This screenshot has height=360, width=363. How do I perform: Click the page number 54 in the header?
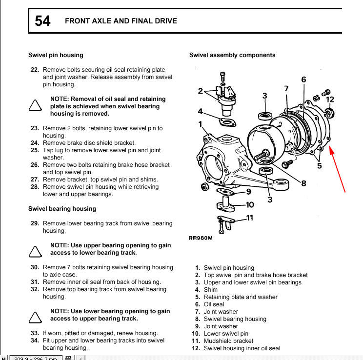coord(42,21)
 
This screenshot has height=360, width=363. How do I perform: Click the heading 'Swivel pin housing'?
coord(56,55)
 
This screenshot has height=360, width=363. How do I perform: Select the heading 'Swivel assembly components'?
coord(232,55)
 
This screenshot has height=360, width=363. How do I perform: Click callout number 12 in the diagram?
coord(330,100)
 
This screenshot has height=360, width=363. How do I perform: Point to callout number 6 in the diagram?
coord(303,80)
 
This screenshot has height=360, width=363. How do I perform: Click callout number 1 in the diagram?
coord(201,124)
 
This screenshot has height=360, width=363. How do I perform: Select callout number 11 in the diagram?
coord(250,218)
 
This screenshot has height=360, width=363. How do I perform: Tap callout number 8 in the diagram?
coord(303,183)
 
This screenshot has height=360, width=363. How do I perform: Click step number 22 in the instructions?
coord(35,70)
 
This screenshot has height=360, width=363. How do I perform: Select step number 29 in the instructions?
coord(35,223)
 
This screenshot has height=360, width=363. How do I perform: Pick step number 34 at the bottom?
coord(35,340)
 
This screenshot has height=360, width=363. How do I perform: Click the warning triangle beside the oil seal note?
coord(35,106)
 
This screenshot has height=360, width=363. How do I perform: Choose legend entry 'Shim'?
coord(211,290)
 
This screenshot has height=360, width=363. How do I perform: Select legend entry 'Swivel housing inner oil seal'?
coord(242,348)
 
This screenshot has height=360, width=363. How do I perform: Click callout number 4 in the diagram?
coord(201,111)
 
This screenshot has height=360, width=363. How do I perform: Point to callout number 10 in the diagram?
coord(250,205)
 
